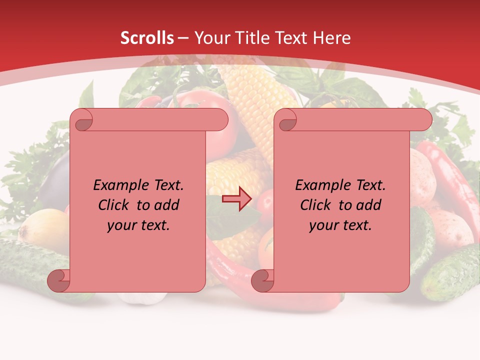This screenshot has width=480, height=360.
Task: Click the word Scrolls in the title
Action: point(147,38)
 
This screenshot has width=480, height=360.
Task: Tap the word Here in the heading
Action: point(331,38)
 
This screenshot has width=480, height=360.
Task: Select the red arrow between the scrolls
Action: point(236,199)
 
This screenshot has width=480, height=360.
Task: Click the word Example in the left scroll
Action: point(118,185)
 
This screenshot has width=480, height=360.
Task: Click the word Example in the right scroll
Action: point(320,185)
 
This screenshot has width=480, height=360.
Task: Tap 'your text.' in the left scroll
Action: point(138,225)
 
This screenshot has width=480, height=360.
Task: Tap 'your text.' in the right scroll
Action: point(340,225)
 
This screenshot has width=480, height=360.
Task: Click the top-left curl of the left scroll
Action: point(82,120)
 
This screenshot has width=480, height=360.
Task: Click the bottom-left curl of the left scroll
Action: point(58,280)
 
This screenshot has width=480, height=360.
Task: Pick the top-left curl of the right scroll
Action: point(286,120)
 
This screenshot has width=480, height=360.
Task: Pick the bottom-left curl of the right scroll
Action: point(262,280)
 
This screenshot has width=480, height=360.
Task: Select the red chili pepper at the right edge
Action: point(450,175)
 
